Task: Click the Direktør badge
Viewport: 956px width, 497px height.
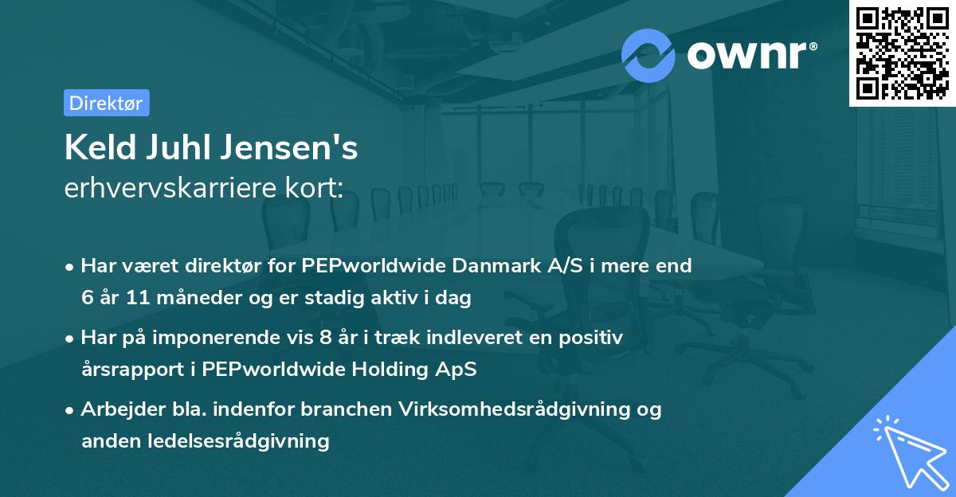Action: click(x=106, y=103)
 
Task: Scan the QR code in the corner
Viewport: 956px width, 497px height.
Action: click(x=902, y=53)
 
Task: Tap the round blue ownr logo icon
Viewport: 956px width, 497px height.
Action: click(x=648, y=56)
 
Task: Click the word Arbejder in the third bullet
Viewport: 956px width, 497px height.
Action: click(x=116, y=409)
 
